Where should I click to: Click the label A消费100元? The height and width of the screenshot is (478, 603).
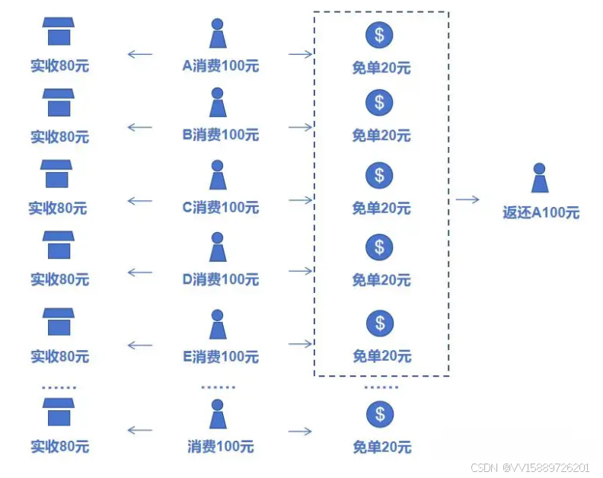click(x=220, y=66)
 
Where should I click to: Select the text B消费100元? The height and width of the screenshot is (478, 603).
click(x=220, y=135)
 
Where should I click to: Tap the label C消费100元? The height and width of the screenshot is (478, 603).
click(x=220, y=207)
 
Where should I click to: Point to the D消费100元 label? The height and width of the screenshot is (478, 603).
click(x=220, y=279)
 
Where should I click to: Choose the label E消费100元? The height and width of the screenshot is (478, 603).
click(x=220, y=356)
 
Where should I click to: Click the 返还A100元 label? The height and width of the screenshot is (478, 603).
click(x=541, y=213)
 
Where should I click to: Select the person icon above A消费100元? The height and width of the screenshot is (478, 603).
click(x=218, y=34)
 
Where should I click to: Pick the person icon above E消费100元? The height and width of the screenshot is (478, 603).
click(x=218, y=324)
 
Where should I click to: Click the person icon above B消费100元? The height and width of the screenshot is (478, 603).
click(x=218, y=103)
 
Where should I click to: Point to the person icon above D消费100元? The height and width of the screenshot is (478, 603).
click(x=218, y=247)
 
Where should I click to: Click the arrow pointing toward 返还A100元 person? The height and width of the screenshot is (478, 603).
click(x=467, y=199)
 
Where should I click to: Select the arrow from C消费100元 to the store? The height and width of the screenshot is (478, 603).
click(x=139, y=201)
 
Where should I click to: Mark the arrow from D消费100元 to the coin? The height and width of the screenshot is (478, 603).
click(x=301, y=272)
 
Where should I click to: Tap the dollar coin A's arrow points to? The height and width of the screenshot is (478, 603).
click(x=379, y=34)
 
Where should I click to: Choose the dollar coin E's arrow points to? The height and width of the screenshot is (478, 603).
click(x=379, y=323)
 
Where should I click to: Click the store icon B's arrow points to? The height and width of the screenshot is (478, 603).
click(x=59, y=103)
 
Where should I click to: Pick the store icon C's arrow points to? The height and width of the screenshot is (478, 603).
click(x=57, y=174)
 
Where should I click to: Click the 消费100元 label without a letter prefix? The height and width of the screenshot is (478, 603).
click(x=221, y=447)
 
